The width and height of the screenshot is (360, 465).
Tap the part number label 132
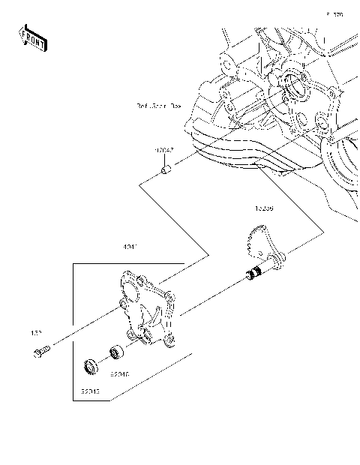point(35,331)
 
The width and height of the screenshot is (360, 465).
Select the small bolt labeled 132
point(42,350)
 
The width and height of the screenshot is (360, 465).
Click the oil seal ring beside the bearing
point(91,367)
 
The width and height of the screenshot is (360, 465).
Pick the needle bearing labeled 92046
point(116,350)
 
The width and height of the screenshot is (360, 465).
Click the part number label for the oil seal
point(91,392)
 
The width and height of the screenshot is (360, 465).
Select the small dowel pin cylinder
point(168,175)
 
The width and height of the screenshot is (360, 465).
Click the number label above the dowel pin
point(166,151)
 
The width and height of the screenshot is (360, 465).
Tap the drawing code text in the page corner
point(334,14)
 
